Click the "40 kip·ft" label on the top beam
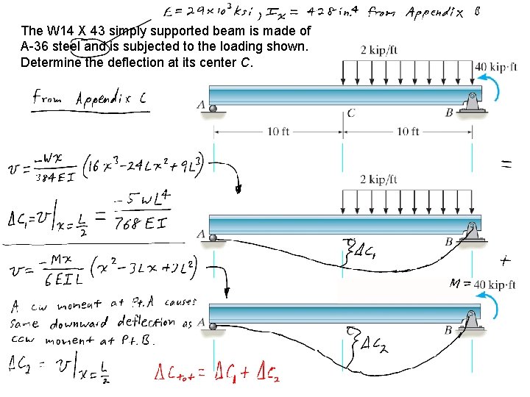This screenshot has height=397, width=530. (501, 67)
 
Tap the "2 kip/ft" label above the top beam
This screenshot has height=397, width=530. (378, 50)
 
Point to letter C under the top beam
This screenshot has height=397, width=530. (351, 113)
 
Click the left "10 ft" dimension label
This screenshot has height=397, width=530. (278, 132)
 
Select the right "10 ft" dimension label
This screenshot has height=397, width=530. (407, 132)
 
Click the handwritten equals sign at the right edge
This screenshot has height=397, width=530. (507, 165)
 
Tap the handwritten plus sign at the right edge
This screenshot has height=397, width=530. (506, 260)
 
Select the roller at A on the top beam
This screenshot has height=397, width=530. (213, 109)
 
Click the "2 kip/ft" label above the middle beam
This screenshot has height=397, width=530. (378, 179)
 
